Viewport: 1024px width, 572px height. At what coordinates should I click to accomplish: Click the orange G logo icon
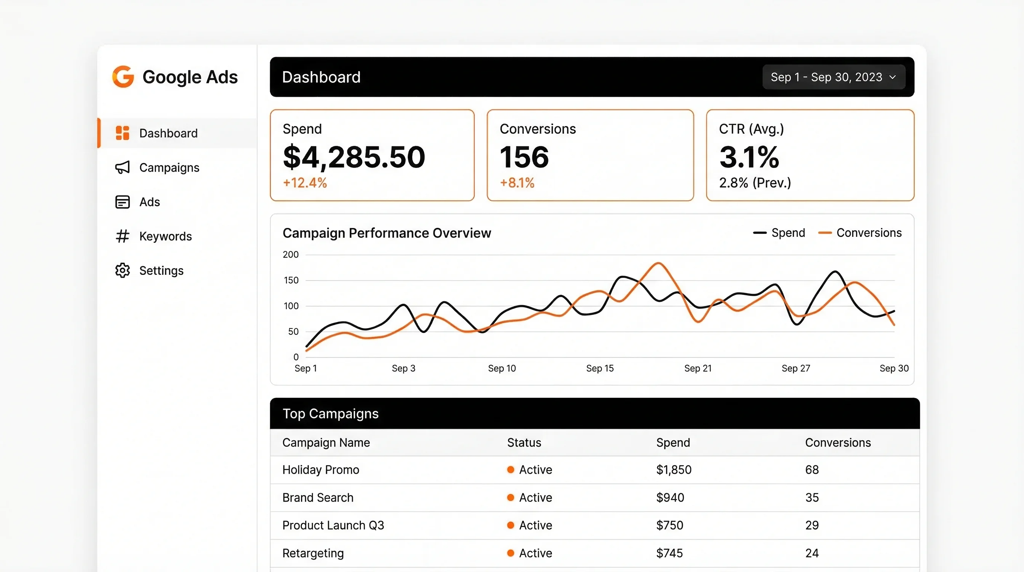click(x=123, y=76)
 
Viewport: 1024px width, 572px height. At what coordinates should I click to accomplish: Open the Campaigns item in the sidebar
click(x=169, y=168)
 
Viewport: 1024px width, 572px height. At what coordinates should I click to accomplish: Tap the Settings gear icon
click(x=122, y=270)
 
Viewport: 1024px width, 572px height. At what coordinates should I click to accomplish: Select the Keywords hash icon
click(x=122, y=236)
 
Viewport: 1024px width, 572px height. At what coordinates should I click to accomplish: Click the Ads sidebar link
click(x=150, y=202)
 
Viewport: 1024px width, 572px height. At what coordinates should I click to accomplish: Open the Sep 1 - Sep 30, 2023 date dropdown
click(x=833, y=77)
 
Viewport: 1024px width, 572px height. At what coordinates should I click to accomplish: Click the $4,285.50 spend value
click(x=354, y=157)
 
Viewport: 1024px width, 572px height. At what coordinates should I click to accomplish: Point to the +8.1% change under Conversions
click(x=517, y=183)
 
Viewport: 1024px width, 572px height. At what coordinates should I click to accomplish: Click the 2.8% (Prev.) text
click(x=755, y=183)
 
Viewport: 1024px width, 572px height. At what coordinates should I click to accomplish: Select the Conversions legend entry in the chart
click(x=860, y=233)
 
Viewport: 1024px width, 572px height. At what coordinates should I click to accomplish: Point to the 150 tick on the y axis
click(x=291, y=280)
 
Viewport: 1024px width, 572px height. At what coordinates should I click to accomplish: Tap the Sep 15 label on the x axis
click(x=599, y=368)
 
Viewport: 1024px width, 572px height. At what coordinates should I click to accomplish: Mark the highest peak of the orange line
click(x=658, y=263)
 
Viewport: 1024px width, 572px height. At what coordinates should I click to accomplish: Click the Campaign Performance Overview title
click(x=386, y=233)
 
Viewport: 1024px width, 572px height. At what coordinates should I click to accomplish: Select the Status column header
click(x=524, y=443)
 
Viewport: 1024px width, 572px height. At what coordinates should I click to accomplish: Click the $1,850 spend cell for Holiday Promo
click(x=673, y=470)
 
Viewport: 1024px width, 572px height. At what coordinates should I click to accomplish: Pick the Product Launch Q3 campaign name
click(x=333, y=525)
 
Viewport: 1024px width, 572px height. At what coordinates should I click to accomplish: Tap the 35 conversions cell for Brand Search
click(x=812, y=498)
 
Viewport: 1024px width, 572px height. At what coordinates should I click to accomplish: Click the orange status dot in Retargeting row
click(x=511, y=553)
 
